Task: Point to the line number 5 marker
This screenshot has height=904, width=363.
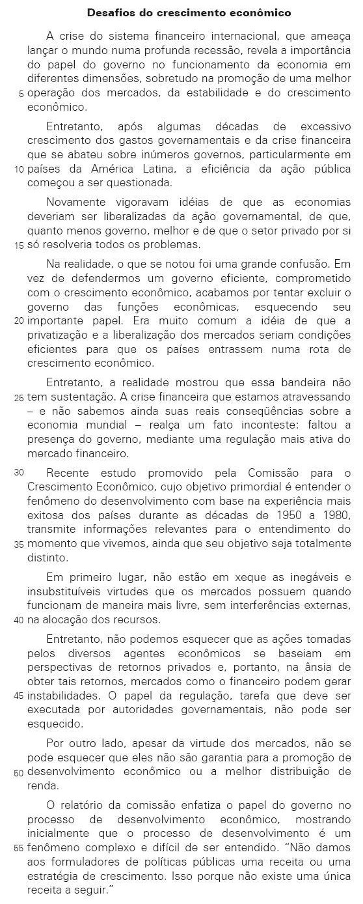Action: point(21,94)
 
